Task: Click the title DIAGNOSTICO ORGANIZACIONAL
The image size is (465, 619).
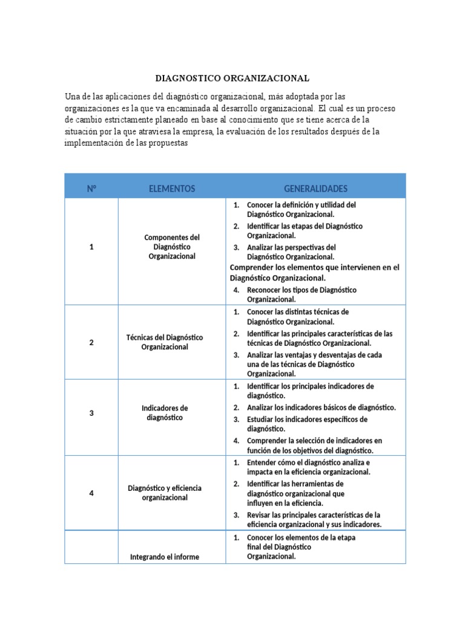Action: point(232,78)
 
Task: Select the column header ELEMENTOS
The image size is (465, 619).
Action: point(172,189)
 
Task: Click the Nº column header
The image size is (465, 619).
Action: point(91,189)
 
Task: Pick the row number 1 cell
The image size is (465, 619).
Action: point(91,247)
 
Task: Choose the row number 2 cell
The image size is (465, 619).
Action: point(91,342)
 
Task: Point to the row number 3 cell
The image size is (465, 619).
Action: point(91,413)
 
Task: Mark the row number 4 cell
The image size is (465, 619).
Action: point(91,493)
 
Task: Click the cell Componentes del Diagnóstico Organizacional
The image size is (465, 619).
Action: point(172,247)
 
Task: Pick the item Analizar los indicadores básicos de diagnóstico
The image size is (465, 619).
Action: point(321,407)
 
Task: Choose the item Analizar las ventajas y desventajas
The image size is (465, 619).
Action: point(314,365)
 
